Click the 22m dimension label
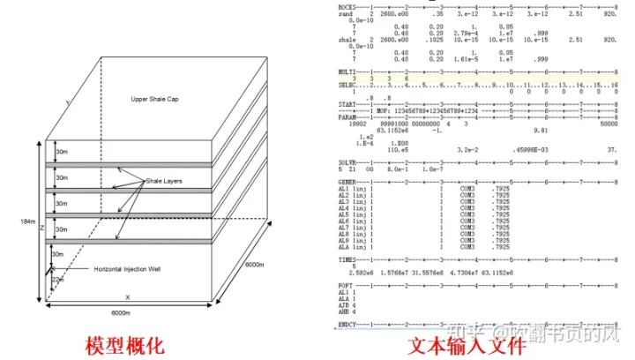point(59,280)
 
